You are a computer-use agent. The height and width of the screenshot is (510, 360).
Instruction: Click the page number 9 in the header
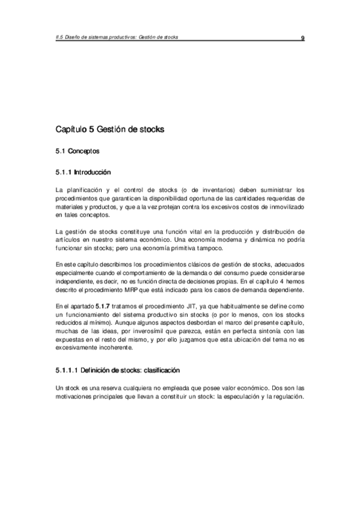pos(303,38)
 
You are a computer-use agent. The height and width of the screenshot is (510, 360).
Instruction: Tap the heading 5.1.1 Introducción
pos(84,173)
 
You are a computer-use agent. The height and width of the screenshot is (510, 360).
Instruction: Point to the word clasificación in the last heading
pos(160,370)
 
